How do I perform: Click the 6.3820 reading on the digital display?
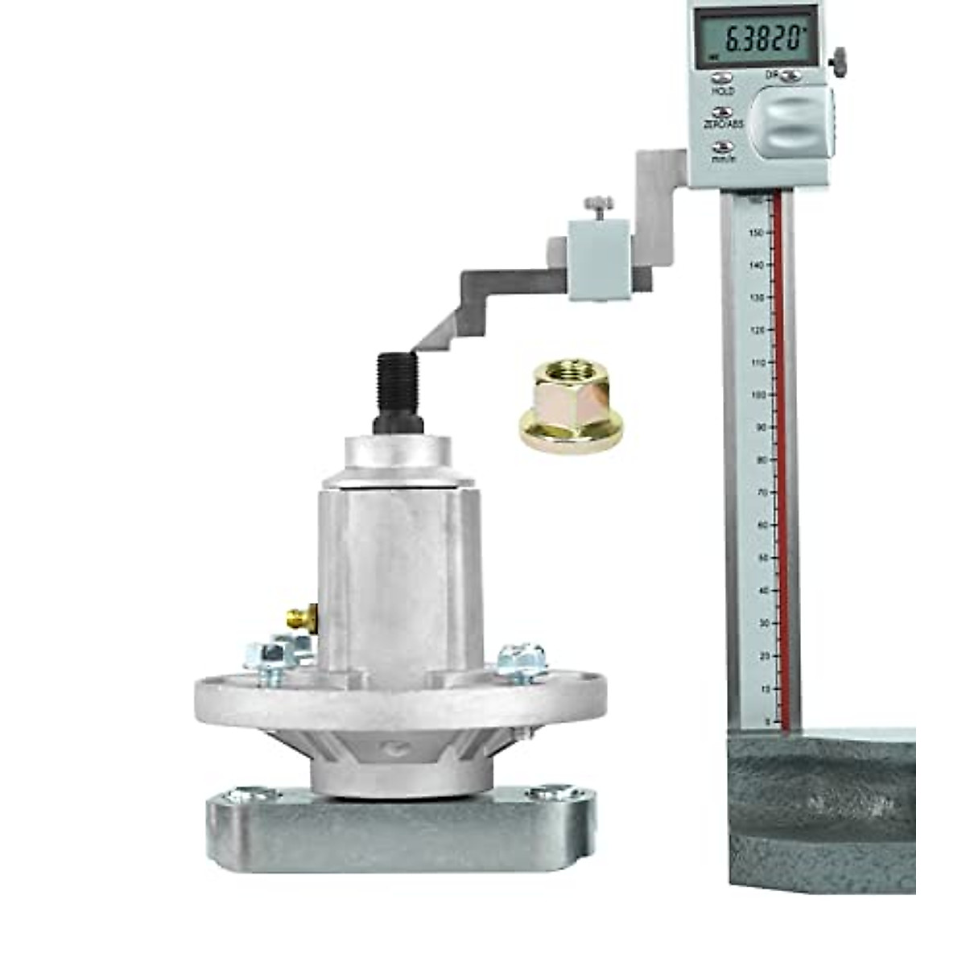click(x=762, y=38)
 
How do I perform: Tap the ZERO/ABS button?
click(x=723, y=114)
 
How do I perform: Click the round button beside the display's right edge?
click(x=791, y=76)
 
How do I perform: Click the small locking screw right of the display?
click(x=840, y=58)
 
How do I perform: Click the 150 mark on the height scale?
click(x=757, y=232)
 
